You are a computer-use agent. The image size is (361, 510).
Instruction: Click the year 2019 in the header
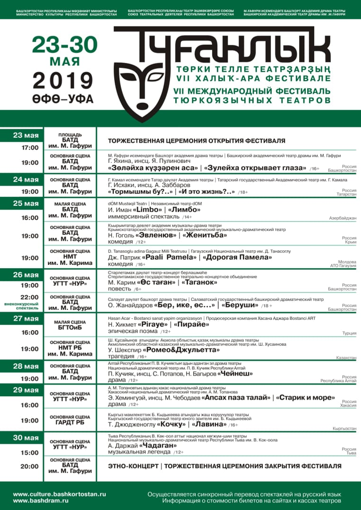[62, 80]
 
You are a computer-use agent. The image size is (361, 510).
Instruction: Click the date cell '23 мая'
[26, 136]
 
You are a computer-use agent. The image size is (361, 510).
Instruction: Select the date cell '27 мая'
[26, 318]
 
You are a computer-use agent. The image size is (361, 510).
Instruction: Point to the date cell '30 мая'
[26, 438]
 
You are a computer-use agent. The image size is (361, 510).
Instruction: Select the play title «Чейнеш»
[235, 374]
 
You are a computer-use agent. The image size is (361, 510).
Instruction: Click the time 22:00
[30, 297]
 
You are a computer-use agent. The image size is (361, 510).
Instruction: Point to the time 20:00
[30, 466]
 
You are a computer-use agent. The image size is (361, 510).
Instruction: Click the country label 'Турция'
[349, 333]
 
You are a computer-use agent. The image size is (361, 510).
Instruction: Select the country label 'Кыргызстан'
[344, 428]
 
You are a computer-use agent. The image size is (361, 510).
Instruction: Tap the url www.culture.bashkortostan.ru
[60, 494]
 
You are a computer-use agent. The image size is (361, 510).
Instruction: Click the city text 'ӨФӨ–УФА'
[63, 100]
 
